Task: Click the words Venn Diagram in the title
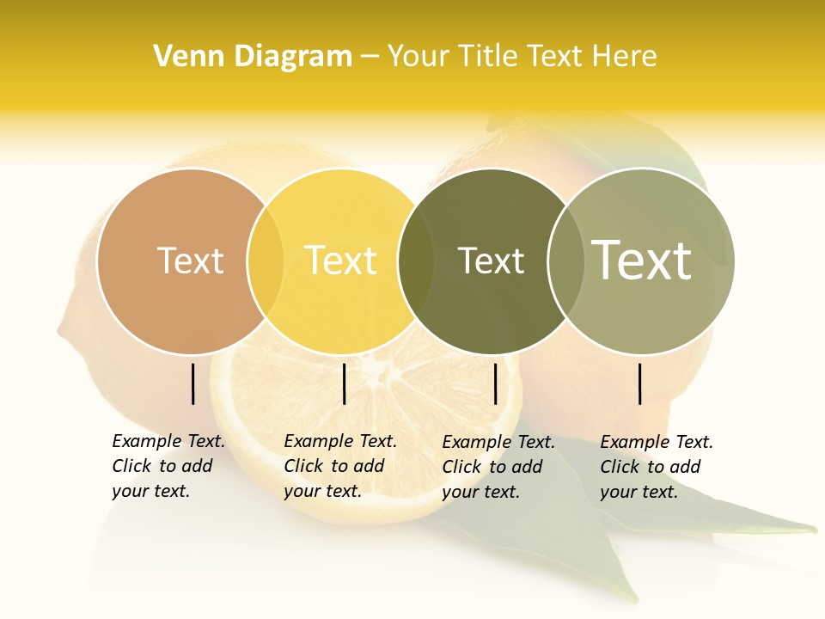253,57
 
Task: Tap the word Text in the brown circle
191,260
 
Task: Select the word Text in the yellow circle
341,260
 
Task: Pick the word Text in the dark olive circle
491,260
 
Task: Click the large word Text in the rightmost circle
642,260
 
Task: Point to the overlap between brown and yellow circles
266,260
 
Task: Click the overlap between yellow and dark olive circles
416,260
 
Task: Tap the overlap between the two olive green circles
565,260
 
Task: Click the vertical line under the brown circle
193,383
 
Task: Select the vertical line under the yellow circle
344,383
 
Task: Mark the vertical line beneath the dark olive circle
495,383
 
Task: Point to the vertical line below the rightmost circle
640,383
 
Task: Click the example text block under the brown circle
168,466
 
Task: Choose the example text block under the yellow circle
340,466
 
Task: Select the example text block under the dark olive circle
498,467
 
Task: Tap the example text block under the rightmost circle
657,467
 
